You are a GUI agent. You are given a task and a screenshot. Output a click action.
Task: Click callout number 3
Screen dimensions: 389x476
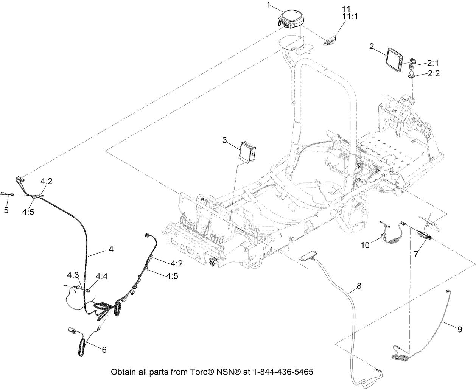tap(225, 141)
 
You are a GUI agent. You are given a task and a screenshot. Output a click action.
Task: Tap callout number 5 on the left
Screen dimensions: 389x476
tap(6, 209)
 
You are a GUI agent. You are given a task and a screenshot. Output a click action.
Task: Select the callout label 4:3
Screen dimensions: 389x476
tap(73, 274)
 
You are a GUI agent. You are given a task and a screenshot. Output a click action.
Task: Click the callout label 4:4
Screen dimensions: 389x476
tap(101, 277)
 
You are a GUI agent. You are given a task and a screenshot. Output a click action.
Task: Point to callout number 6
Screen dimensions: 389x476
tap(104, 350)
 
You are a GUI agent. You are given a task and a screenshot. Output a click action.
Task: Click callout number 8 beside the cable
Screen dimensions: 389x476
tap(359, 286)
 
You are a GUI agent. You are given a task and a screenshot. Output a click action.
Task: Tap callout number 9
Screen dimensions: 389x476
tap(459, 330)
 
